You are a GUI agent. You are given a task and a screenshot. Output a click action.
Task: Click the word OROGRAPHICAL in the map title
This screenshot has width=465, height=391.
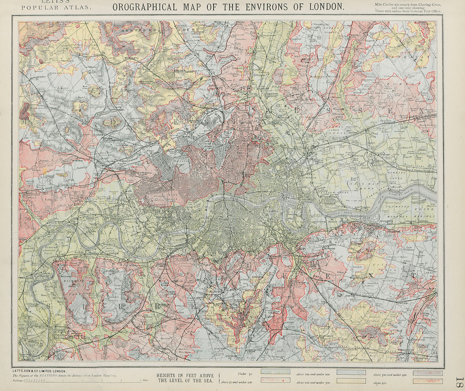[145, 7]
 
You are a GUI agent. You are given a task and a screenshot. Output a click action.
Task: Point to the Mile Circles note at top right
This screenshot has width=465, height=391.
[407, 7]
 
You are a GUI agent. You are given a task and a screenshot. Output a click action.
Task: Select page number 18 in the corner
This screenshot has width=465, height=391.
[459, 382]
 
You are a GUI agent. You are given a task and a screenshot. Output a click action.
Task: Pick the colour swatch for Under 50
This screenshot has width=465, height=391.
[275, 372]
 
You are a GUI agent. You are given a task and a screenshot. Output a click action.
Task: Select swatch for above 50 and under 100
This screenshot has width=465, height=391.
[275, 381]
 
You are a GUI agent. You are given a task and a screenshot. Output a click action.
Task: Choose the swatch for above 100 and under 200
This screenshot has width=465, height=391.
[351, 372]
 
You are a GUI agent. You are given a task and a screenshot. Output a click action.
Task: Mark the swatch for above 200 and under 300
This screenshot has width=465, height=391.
[351, 381]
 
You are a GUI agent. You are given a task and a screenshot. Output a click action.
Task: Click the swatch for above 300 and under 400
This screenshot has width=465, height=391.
[427, 372]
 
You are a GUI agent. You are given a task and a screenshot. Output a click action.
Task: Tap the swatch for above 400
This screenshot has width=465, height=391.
[427, 381]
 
